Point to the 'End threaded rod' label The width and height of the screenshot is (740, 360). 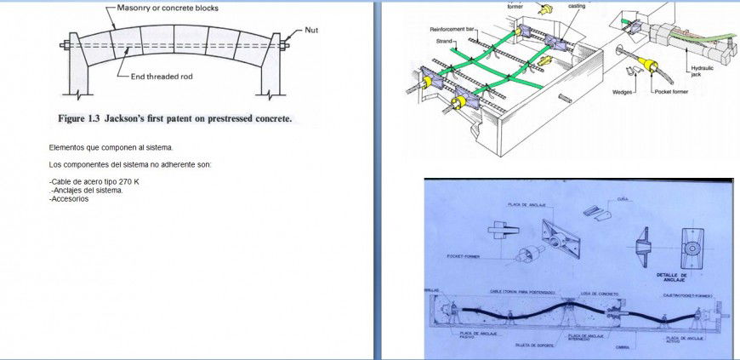click(x=162, y=77)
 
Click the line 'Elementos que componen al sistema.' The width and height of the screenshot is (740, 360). click(x=111, y=147)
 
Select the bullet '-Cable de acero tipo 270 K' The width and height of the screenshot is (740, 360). click(x=94, y=182)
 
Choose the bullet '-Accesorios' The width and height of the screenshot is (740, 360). click(x=69, y=198)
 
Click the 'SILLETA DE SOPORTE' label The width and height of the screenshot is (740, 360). click(x=534, y=345)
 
